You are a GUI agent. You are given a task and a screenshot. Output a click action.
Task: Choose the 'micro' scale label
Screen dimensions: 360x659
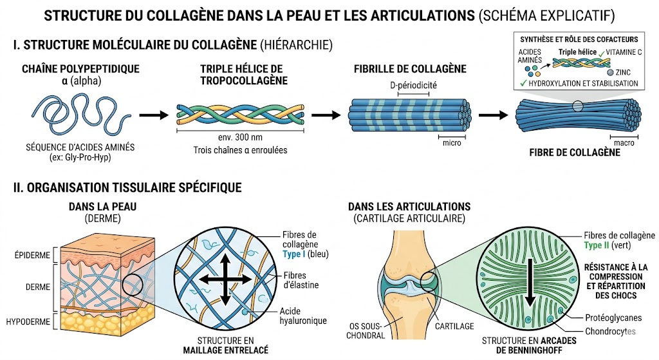(x=451, y=142)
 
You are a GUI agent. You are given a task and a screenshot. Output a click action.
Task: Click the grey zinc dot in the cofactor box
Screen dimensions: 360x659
(x=609, y=72)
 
